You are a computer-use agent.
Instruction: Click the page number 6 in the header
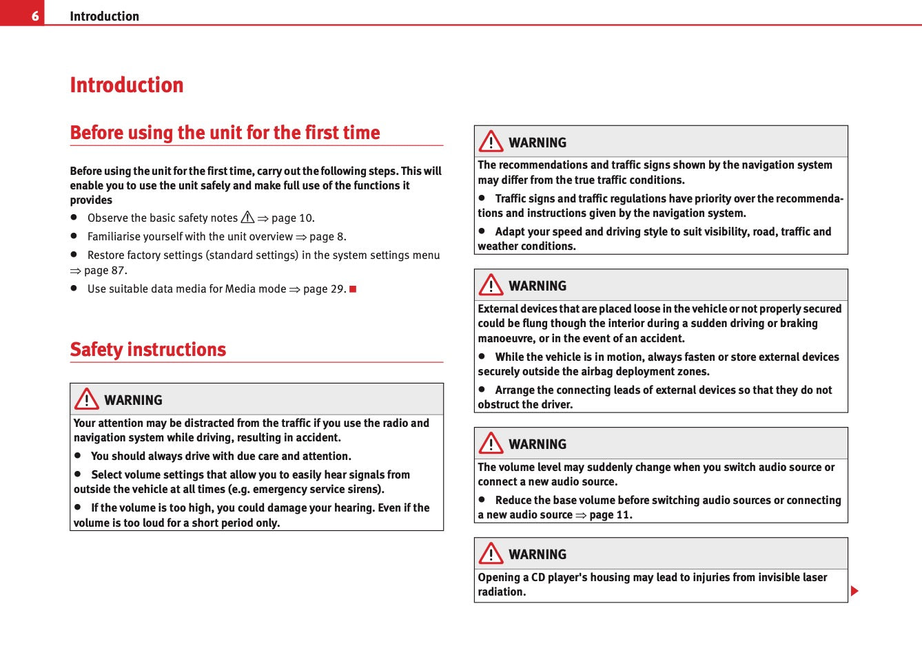[x=34, y=15]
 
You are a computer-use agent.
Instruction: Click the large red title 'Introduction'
[x=127, y=85]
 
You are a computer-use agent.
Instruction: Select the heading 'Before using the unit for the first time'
[x=225, y=132]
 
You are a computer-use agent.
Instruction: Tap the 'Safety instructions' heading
[x=148, y=349]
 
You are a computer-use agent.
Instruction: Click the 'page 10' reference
[x=292, y=218]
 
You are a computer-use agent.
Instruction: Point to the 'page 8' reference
[x=327, y=237]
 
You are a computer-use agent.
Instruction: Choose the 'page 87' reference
[x=105, y=271]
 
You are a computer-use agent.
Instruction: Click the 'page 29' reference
[x=324, y=289]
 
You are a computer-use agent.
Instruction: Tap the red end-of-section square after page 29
[x=353, y=289]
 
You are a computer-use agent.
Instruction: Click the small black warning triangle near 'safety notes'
[x=247, y=218]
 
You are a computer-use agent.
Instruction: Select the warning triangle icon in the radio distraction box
[x=87, y=399]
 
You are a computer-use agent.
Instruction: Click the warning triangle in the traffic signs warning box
[x=491, y=142]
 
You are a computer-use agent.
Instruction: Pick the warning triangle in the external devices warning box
[x=491, y=285]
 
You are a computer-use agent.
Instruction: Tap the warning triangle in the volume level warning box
[x=491, y=443]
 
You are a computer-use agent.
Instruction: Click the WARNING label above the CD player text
[x=537, y=554]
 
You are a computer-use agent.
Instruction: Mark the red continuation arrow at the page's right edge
[x=854, y=591]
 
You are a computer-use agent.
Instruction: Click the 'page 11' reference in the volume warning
[x=610, y=515]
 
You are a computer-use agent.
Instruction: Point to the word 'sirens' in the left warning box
[x=366, y=490]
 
